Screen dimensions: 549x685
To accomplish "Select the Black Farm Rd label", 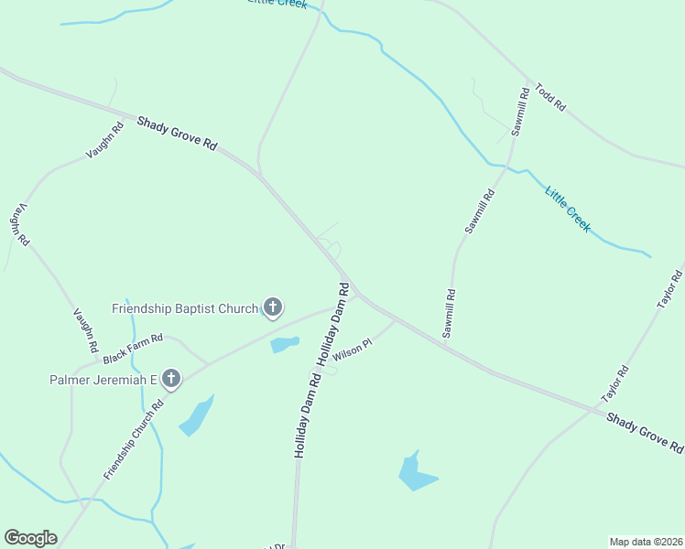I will click(133, 347).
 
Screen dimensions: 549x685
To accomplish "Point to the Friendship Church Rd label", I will click(134, 438).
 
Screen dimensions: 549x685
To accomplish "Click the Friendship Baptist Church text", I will click(185, 308).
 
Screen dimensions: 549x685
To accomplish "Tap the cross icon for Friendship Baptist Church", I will click(272, 307).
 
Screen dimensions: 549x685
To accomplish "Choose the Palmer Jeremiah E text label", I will click(102, 378).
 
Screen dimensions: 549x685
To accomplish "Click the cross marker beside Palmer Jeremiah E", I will click(170, 377).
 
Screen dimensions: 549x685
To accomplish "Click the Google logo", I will click(30, 538).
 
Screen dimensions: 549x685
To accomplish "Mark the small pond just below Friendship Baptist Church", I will click(285, 345).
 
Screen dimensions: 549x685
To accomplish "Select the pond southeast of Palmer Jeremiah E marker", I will click(197, 415).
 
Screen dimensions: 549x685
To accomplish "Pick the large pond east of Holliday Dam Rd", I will click(417, 472).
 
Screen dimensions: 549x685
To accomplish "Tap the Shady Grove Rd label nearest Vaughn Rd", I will click(177, 134).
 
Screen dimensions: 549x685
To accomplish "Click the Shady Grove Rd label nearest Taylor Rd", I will click(645, 432).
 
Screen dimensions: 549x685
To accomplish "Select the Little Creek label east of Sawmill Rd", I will click(568, 209).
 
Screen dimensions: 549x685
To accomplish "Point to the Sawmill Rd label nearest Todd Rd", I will click(520, 112).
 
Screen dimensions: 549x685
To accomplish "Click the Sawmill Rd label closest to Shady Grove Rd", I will click(449, 314).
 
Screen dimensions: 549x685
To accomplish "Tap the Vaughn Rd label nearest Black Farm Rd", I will click(84, 330).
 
